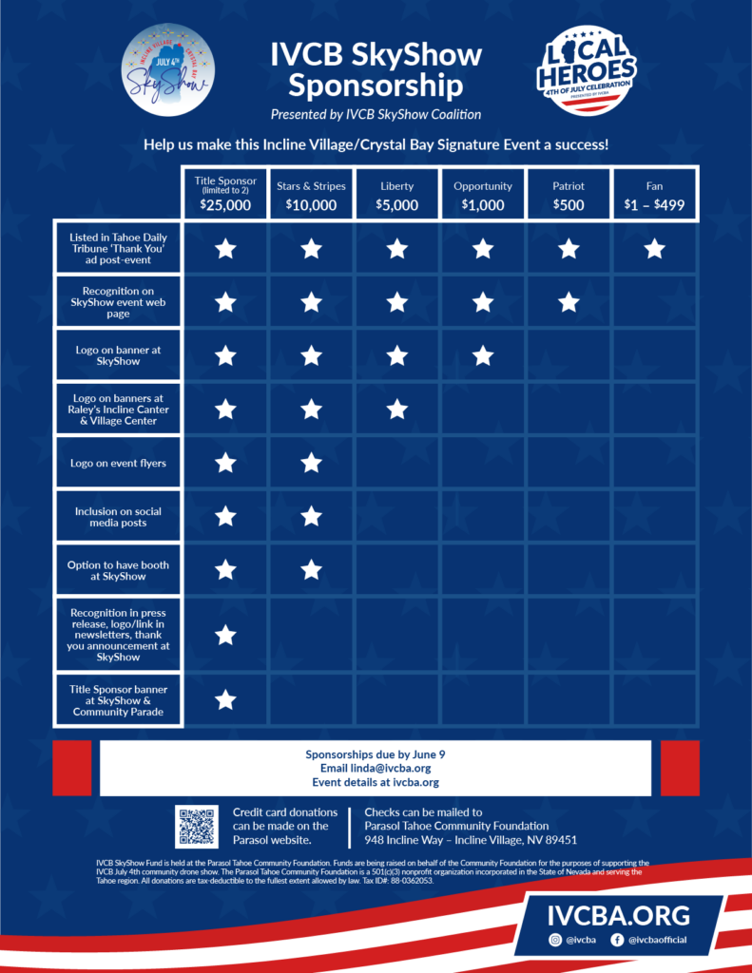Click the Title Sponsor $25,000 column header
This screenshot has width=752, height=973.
click(225, 194)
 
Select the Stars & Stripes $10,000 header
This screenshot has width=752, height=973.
click(311, 194)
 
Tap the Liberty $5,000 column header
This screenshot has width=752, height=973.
click(397, 194)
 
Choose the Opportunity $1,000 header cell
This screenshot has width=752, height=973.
click(483, 194)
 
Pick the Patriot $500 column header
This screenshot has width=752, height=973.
click(569, 194)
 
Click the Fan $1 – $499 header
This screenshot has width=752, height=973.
click(654, 194)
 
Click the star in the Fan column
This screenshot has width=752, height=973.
click(654, 249)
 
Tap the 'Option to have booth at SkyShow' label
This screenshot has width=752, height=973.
click(118, 570)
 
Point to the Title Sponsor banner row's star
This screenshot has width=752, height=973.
click(225, 700)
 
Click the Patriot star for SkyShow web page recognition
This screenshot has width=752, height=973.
click(569, 302)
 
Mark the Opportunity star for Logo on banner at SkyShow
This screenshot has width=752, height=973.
click(483, 355)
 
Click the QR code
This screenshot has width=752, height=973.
click(198, 827)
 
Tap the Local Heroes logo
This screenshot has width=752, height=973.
click(586, 70)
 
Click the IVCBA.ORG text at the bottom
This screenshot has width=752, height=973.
click(618, 916)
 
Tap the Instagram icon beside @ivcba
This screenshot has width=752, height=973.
click(556, 940)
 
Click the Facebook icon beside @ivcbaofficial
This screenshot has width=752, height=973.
click(617, 940)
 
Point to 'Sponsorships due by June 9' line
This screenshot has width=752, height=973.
click(376, 754)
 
